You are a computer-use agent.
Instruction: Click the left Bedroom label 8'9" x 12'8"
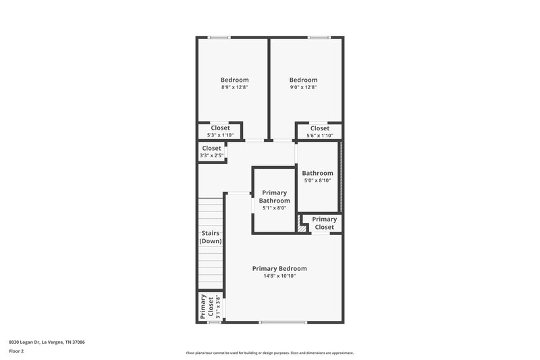[235, 87]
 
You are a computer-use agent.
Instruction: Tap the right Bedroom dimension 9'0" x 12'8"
[302, 87]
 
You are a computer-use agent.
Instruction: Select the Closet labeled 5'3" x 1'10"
[220, 131]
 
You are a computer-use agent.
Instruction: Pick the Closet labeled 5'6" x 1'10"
[319, 131]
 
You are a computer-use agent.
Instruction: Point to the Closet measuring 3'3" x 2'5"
[211, 151]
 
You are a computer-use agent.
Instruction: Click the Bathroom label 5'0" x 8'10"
[317, 176]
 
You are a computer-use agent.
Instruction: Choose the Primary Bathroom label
[275, 197]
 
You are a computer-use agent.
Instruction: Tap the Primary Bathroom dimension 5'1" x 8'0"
[275, 208]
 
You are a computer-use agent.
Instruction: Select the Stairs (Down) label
[211, 237]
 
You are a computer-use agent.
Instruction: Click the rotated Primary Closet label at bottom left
[207, 307]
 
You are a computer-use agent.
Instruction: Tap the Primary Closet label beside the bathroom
[324, 223]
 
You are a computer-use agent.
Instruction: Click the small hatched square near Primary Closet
[302, 228]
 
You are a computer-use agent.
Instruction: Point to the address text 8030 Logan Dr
[47, 342]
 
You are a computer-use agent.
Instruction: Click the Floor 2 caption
[16, 351]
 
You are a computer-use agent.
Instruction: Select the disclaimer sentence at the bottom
[270, 353]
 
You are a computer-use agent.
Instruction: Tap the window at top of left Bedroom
[219, 37]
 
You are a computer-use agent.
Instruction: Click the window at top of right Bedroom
[318, 37]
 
